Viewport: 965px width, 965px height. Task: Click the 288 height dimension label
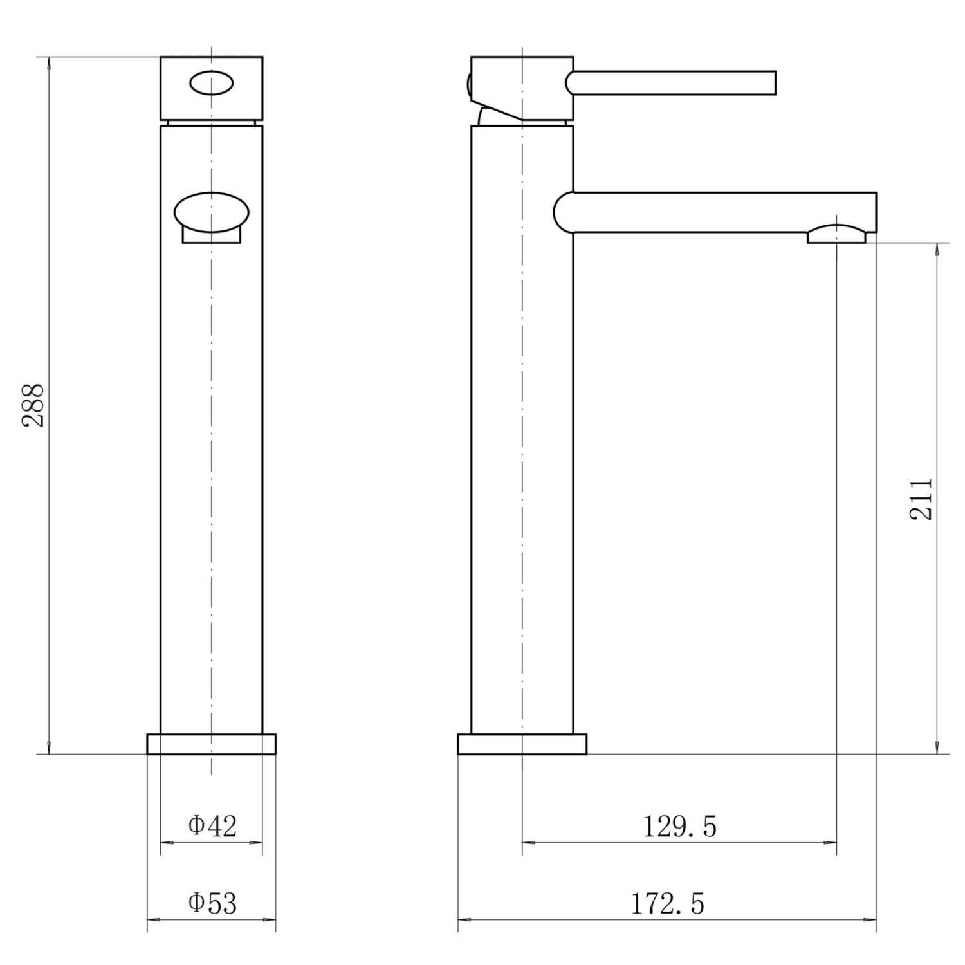pyautogui.click(x=33, y=405)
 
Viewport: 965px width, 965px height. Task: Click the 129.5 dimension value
pyautogui.click(x=680, y=826)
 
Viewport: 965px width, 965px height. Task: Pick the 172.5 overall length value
pyautogui.click(x=667, y=903)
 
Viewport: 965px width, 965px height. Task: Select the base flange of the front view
pyautogui.click(x=212, y=744)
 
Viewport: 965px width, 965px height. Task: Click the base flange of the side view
pyautogui.click(x=522, y=744)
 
